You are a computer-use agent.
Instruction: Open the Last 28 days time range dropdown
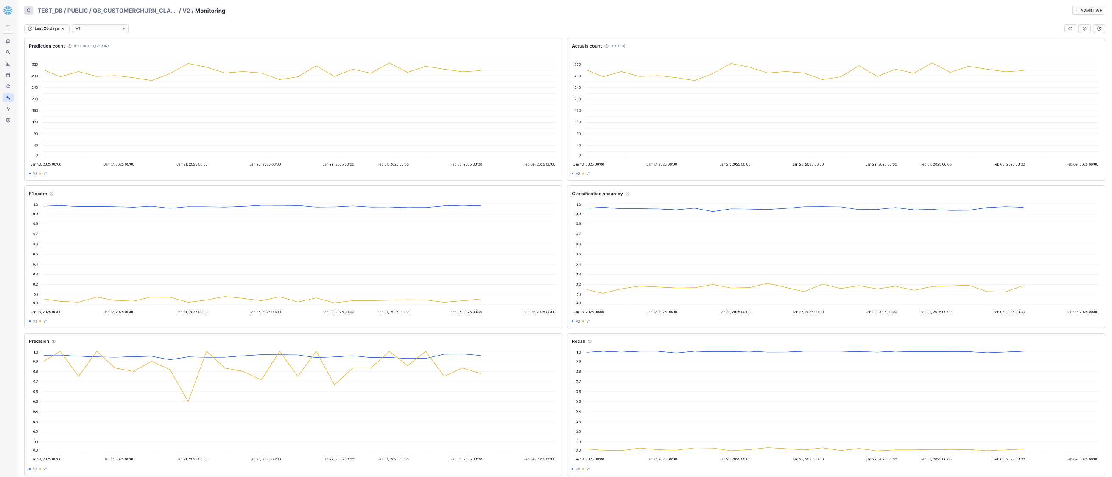(x=47, y=28)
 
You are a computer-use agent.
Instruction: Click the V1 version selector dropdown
(x=100, y=28)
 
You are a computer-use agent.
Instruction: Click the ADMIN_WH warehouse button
(x=1088, y=10)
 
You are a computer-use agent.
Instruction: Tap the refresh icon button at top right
(x=1070, y=28)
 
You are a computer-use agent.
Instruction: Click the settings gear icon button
(x=1098, y=28)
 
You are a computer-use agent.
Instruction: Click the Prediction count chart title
(x=47, y=46)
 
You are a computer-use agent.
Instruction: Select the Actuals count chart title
(x=586, y=46)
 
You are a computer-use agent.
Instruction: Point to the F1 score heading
(x=38, y=194)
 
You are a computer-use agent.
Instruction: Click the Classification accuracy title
(x=597, y=194)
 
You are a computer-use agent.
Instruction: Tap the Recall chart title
(x=578, y=341)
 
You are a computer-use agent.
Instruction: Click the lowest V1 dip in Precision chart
(x=188, y=401)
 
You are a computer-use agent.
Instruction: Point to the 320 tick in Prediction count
(x=34, y=65)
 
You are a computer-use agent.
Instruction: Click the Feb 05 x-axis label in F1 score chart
(x=466, y=312)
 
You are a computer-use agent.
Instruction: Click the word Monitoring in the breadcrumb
(x=210, y=11)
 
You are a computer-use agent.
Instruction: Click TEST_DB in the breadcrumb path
(x=50, y=11)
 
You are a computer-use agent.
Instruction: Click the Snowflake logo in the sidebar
(x=8, y=10)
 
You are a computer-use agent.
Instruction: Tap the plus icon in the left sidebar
(x=8, y=26)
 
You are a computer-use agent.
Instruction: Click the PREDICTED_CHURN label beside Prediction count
(x=91, y=46)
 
